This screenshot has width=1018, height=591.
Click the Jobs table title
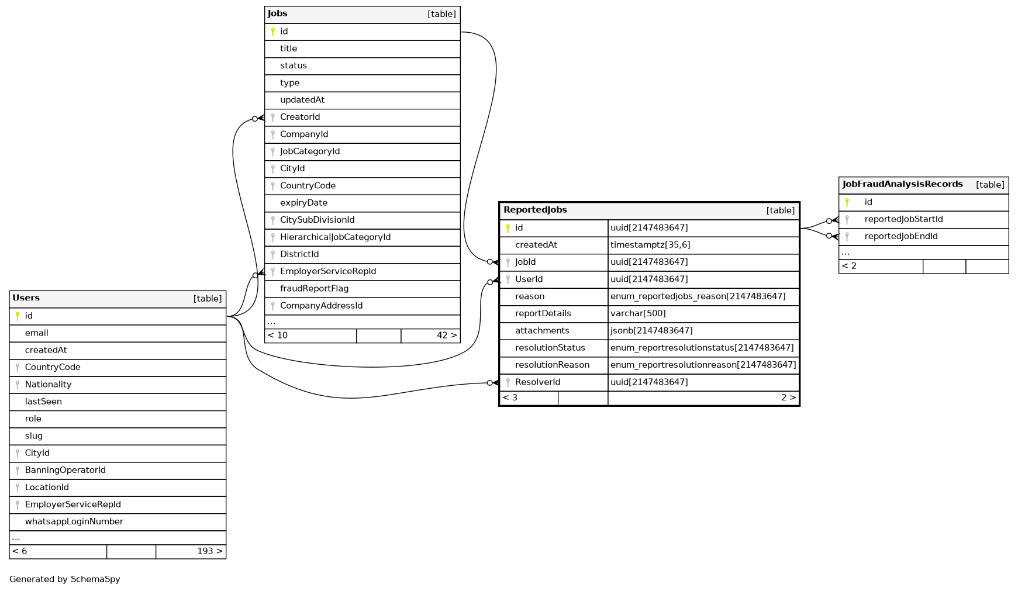pyautogui.click(x=278, y=13)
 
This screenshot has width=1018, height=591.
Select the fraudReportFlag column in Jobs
pyautogui.click(x=314, y=288)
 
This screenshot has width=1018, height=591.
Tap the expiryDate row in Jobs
pyautogui.click(x=303, y=203)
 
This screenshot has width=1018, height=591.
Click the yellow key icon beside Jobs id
pyautogui.click(x=272, y=32)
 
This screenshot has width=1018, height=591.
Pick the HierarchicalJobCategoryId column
pyautogui.click(x=335, y=237)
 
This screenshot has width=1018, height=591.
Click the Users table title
pyautogui.click(x=26, y=298)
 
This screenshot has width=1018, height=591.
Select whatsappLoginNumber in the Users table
pyautogui.click(x=74, y=521)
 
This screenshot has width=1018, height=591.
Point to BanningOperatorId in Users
pyautogui.click(x=65, y=470)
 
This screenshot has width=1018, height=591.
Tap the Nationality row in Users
pyautogui.click(x=48, y=384)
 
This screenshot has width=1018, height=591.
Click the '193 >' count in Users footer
pyautogui.click(x=209, y=551)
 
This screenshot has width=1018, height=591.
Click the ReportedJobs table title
pyautogui.click(x=535, y=210)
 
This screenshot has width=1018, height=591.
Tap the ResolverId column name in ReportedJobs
pyautogui.click(x=537, y=382)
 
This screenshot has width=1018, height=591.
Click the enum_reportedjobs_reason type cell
pyautogui.click(x=698, y=296)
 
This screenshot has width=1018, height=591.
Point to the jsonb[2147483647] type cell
pyautogui.click(x=651, y=331)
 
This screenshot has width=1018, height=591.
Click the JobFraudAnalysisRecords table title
pyautogui.click(x=902, y=184)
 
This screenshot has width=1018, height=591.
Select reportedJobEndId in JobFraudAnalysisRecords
pyautogui.click(x=901, y=236)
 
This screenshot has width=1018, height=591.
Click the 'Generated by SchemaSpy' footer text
pyautogui.click(x=65, y=579)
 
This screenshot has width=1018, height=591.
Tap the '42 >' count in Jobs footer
pyautogui.click(x=446, y=336)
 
